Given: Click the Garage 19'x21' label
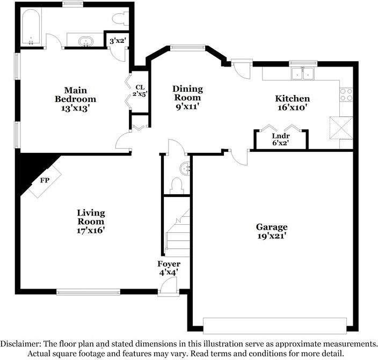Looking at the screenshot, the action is pyautogui.click(x=272, y=231).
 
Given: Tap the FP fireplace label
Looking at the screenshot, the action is pyautogui.click(x=45, y=180).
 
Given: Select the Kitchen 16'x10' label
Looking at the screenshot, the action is pyautogui.click(x=293, y=103).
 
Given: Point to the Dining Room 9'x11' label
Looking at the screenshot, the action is pyautogui.click(x=187, y=97).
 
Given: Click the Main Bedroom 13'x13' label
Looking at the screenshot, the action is pyautogui.click(x=76, y=99).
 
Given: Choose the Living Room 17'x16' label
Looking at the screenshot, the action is pyautogui.click(x=91, y=222).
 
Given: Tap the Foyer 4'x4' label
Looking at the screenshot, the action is pyautogui.click(x=169, y=268).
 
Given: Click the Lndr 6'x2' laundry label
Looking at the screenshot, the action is pyautogui.click(x=281, y=139).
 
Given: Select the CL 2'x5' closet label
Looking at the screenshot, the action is pyautogui.click(x=140, y=90).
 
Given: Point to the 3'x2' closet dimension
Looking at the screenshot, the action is pyautogui.click(x=117, y=41).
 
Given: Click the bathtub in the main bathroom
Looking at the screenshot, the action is pyautogui.click(x=31, y=27).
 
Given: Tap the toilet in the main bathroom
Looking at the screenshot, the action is pyautogui.click(x=120, y=18).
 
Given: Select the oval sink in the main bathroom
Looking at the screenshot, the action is pyautogui.click(x=85, y=41).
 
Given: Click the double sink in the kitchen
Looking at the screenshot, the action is pyautogui.click(x=302, y=74).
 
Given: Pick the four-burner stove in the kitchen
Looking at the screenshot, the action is pyautogui.click(x=346, y=94).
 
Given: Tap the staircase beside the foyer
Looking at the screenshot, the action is pyautogui.click(x=177, y=233).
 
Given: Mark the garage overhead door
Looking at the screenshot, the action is pyautogui.click(x=275, y=326).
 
